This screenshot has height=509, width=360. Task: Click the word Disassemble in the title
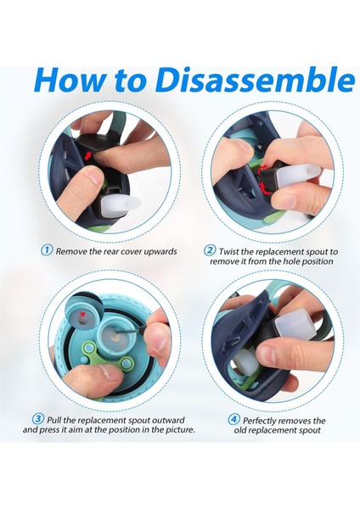pyautogui.click(x=255, y=81)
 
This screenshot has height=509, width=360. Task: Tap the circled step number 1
pyautogui.click(x=47, y=250)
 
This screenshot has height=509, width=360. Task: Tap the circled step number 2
pyautogui.click(x=210, y=250)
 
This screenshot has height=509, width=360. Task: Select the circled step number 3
pyautogui.click(x=38, y=419)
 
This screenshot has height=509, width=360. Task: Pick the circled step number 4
pyautogui.click(x=233, y=420)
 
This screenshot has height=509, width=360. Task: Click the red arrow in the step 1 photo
pyautogui.click(x=87, y=156)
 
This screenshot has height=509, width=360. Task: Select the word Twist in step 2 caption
pyautogui.click(x=229, y=252)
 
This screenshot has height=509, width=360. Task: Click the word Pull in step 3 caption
pyautogui.click(x=54, y=420)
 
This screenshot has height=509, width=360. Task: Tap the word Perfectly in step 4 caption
pyautogui.click(x=260, y=421)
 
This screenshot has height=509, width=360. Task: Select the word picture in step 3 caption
pyautogui.click(x=182, y=430)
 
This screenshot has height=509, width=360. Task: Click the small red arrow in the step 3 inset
pyautogui.click(x=82, y=314)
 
